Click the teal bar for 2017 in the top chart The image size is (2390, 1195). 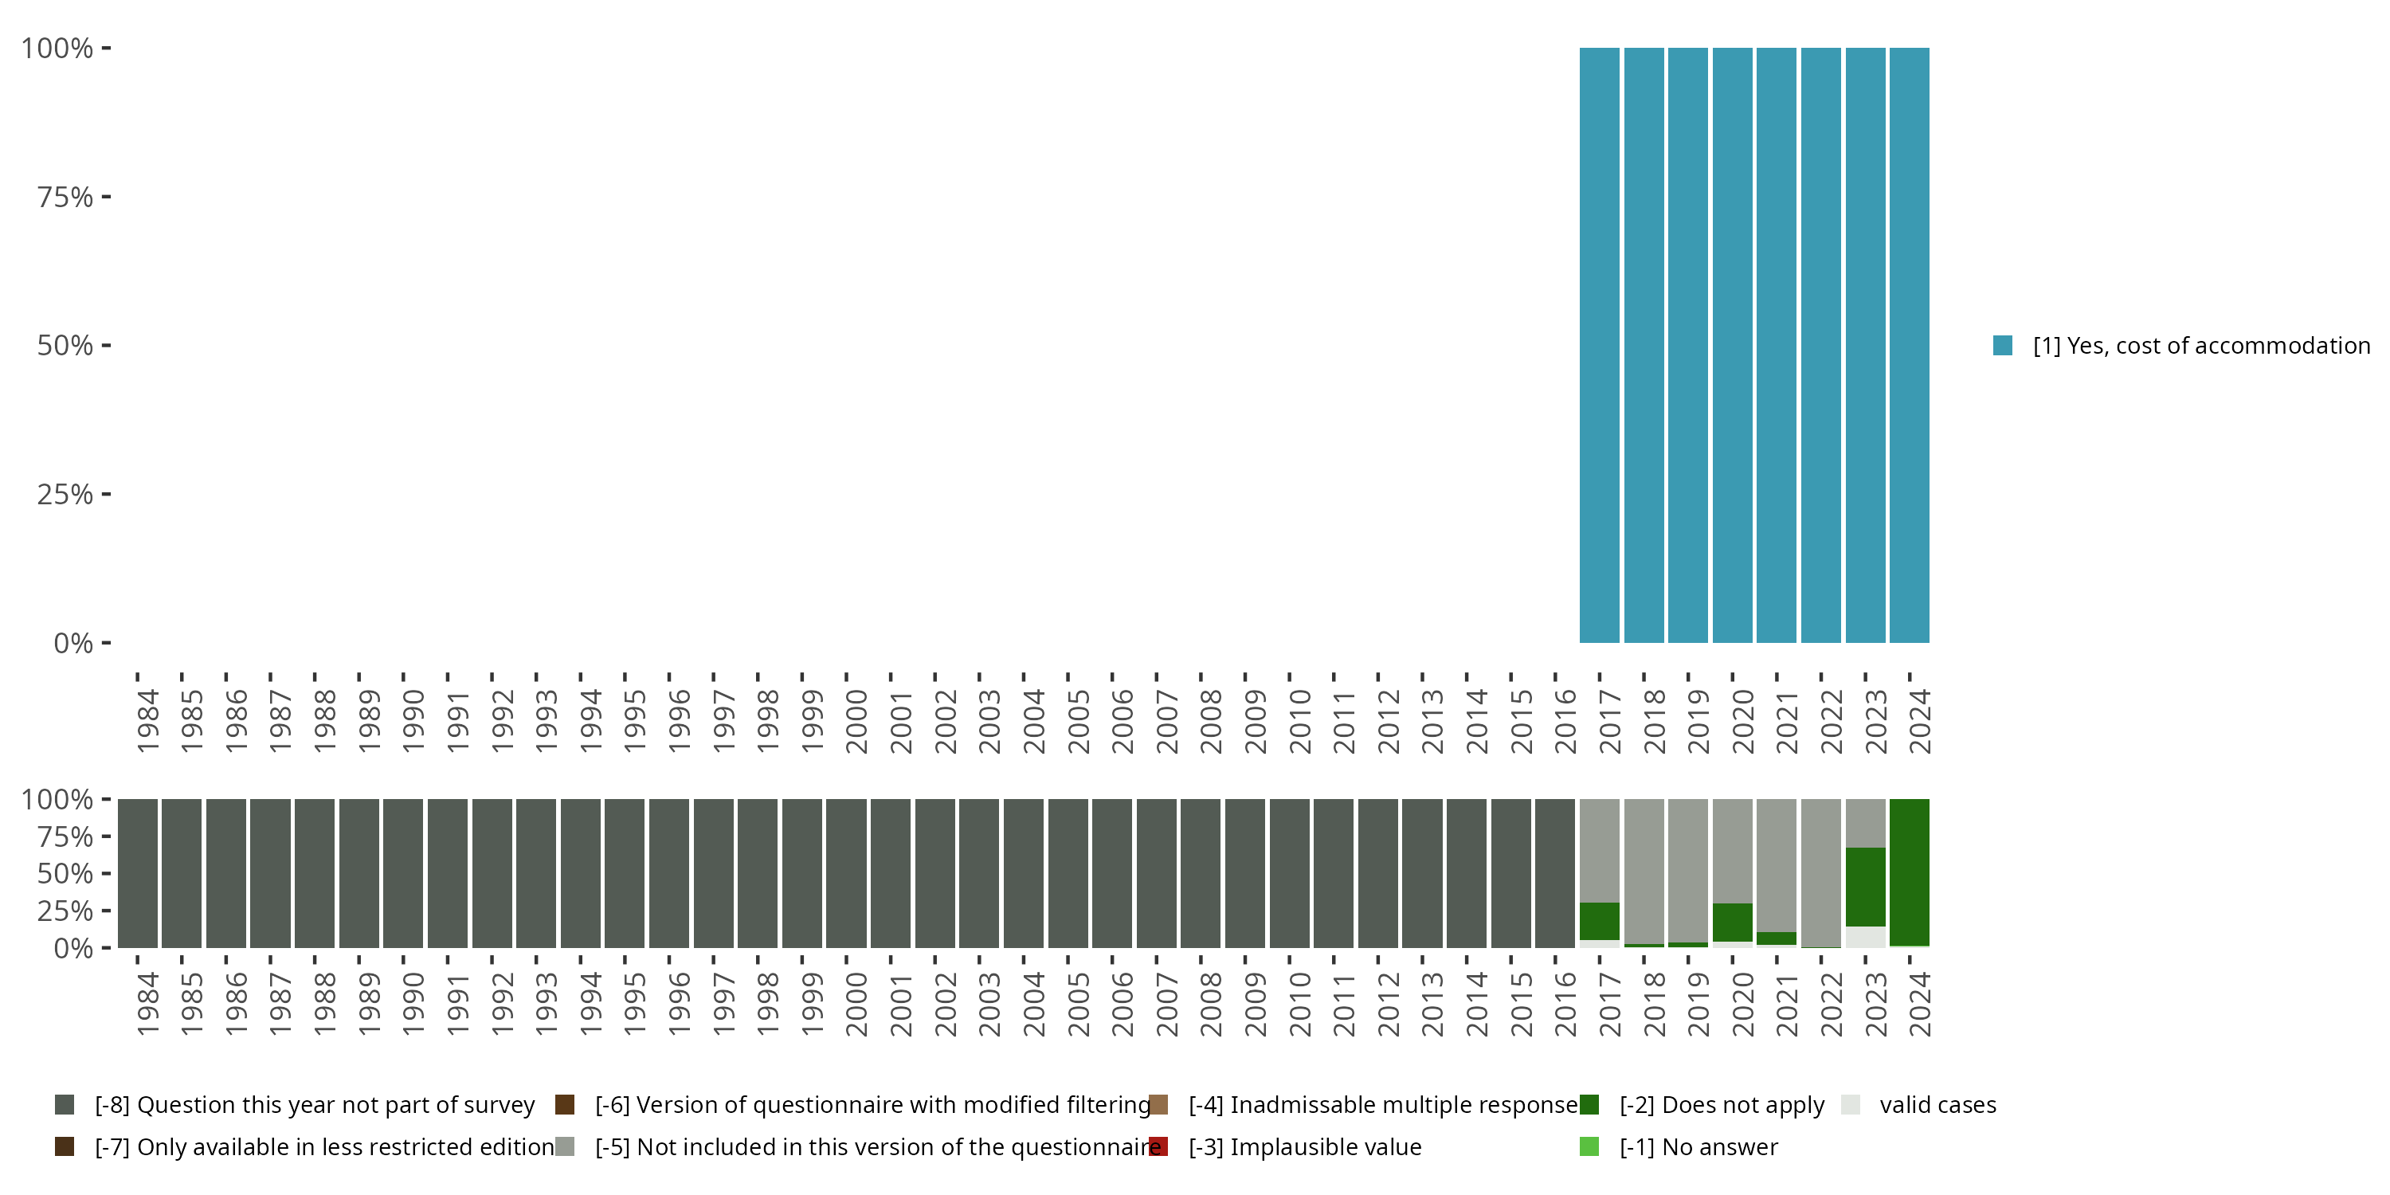coord(1600,345)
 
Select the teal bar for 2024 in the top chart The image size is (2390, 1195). coord(1910,345)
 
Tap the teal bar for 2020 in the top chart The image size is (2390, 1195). coord(1732,345)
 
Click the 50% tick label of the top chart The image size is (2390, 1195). coord(65,345)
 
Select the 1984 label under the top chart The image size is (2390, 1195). coord(147,721)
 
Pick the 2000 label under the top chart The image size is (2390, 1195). coord(856,721)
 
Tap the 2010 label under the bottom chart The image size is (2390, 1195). coord(1300,1004)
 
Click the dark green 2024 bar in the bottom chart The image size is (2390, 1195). coord(1910,872)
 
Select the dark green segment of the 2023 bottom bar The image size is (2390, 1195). coord(1865,886)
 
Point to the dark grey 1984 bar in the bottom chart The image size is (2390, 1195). coord(137,872)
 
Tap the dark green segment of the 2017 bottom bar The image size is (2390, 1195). coord(1600,920)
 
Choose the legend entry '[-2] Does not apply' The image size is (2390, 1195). coord(1721,1105)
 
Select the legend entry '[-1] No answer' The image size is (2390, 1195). coord(1698,1146)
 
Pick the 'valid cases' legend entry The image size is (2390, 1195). coord(1937,1105)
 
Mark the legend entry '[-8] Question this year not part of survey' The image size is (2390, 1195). coord(315,1105)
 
